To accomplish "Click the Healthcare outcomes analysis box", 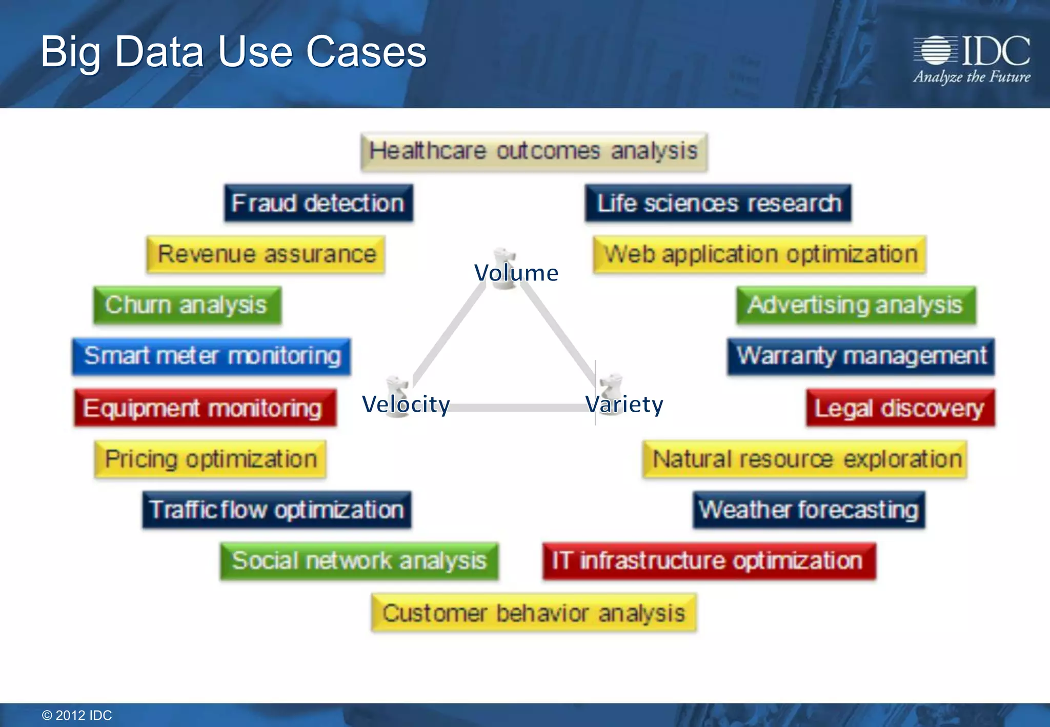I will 534,152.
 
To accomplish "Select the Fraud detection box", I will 318,203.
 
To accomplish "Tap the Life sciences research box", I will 718,203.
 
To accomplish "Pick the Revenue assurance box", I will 266,254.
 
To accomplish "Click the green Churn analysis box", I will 187,305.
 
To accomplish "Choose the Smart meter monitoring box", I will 212,356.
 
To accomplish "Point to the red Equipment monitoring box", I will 205,408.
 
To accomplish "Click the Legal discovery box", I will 900,408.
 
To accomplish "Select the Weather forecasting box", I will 809,510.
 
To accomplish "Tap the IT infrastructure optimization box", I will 709,561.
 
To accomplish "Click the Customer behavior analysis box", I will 534,613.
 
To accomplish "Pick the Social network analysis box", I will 359,561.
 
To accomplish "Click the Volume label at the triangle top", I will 516,273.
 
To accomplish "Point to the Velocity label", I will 406,404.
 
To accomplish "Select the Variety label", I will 624,404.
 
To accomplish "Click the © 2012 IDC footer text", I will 77,715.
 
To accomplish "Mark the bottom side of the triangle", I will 518,408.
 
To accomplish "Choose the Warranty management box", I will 861,356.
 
